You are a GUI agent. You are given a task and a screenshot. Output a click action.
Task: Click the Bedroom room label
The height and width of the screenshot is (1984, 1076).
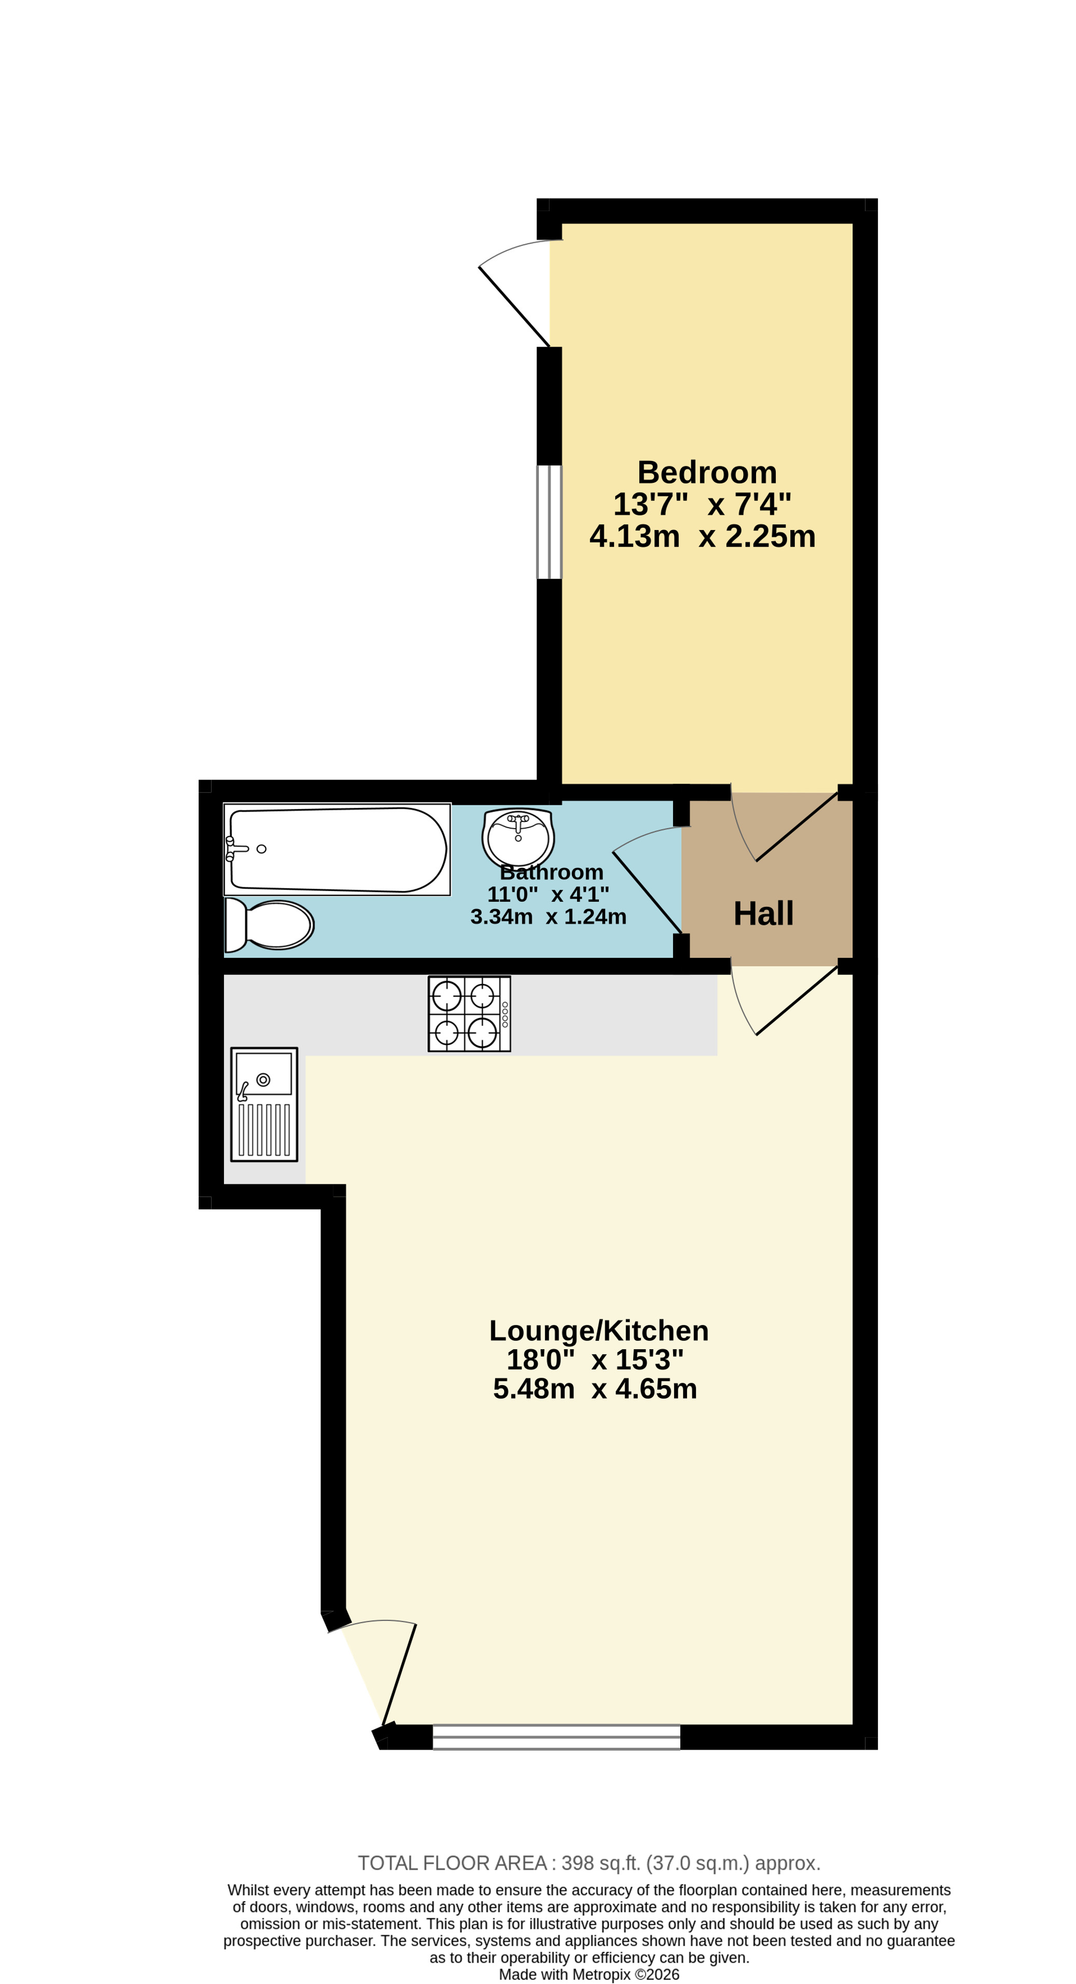707,472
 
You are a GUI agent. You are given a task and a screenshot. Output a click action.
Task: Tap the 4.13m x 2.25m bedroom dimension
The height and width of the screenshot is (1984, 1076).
703,536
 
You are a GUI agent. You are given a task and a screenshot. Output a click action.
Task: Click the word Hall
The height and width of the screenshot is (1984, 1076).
763,914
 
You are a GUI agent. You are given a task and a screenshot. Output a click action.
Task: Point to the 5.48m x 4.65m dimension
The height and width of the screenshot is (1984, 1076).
595,1389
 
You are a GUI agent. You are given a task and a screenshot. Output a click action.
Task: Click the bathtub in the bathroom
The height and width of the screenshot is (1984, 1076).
337,849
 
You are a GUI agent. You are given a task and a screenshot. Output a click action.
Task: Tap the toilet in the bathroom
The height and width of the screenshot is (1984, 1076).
269,925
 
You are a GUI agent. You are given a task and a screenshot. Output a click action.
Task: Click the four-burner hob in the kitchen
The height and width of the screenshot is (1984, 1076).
469,1014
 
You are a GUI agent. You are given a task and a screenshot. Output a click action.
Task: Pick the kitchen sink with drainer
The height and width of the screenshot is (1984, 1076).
264,1105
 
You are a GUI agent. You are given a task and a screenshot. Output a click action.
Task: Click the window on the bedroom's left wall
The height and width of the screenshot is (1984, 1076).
549,522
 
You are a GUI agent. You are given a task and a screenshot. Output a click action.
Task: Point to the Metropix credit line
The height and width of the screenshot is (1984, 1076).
589,1974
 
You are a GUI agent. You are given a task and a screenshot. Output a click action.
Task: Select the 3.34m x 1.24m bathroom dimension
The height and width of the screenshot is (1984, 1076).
549,916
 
